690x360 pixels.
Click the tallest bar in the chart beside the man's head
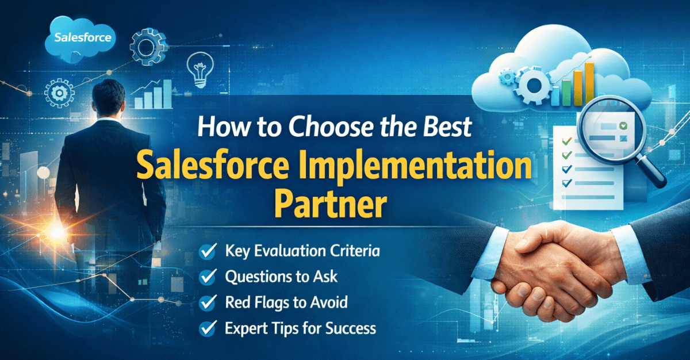pyautogui.click(x=167, y=94)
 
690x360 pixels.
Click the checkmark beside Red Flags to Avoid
pyautogui.click(x=206, y=302)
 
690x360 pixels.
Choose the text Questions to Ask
pyautogui.click(x=281, y=277)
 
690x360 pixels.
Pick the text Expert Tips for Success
pyautogui.click(x=301, y=328)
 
